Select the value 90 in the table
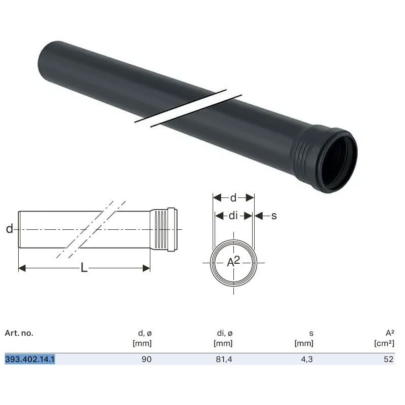[x=146, y=359]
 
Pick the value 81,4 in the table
[x=224, y=359]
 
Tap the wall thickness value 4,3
[x=308, y=359]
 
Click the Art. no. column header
[x=19, y=333]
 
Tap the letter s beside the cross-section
[x=274, y=216]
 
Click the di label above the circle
[x=233, y=216]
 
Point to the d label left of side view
[x=9, y=229]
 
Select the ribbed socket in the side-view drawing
[x=161, y=229]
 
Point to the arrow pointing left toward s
[x=259, y=216]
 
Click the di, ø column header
[x=224, y=333]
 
